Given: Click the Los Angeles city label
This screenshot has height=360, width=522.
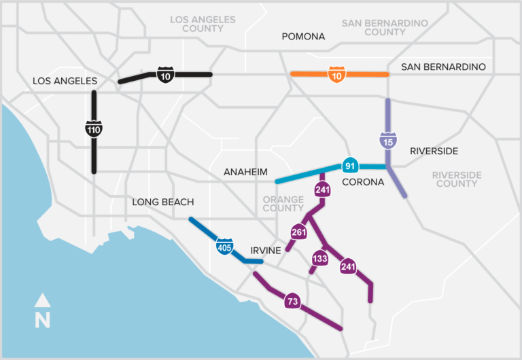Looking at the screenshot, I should click(x=65, y=81).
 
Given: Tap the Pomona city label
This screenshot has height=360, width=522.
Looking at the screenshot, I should click(x=304, y=36).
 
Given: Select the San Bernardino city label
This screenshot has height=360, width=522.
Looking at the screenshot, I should click(x=443, y=67).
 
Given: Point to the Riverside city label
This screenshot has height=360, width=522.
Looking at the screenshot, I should click(x=434, y=151).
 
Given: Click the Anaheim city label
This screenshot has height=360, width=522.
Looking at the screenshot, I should click(x=245, y=172).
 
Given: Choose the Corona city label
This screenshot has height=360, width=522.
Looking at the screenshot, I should click(x=363, y=182).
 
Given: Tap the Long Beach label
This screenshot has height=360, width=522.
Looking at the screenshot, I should click(x=162, y=202).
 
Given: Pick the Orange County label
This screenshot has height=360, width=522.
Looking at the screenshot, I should click(x=283, y=204).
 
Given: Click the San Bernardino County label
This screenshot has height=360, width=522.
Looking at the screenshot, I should click(x=385, y=27).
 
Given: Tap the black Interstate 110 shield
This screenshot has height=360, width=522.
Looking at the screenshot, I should click(x=94, y=129).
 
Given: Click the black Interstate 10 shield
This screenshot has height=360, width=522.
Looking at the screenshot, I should click(x=165, y=75).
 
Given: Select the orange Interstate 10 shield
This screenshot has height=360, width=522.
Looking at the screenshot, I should click(x=337, y=75).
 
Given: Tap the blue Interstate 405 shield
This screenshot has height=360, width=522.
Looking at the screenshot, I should click(x=225, y=247).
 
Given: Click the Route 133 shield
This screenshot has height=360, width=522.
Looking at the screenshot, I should click(x=319, y=258).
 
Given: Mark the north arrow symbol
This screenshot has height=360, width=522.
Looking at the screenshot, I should click(x=43, y=312).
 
